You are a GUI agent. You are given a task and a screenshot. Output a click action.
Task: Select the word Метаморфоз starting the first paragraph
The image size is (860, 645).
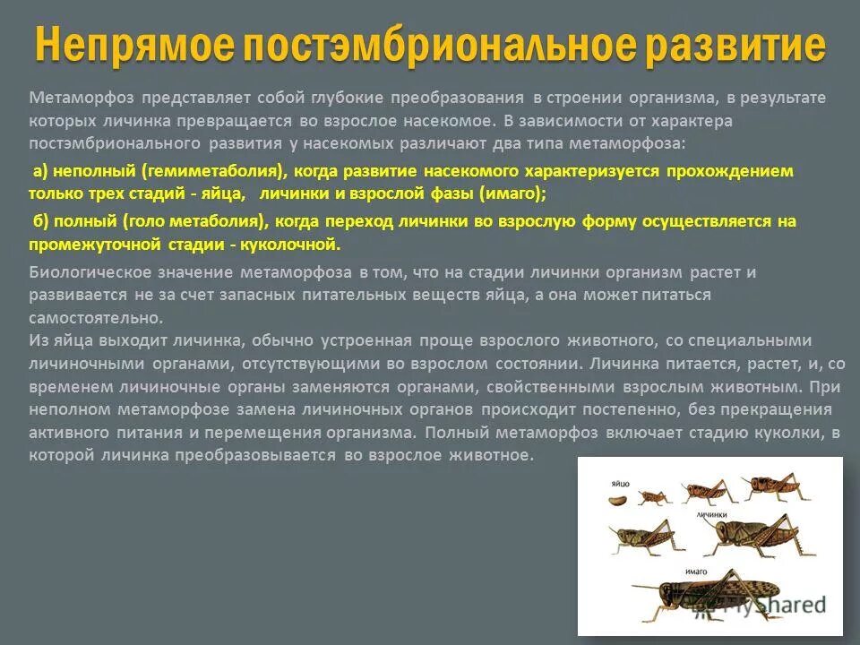coord(73,97)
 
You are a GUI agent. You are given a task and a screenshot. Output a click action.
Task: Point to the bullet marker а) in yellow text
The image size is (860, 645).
coord(39,171)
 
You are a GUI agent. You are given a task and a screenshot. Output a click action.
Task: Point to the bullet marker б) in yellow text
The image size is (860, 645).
coord(39,221)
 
